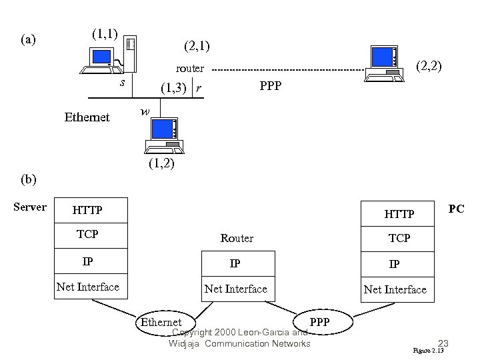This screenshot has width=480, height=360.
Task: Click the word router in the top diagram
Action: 189,68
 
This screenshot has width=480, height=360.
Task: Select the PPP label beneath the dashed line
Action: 270,86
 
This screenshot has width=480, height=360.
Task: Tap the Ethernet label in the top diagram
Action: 87,117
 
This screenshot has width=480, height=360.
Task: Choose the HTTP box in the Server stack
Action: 87,210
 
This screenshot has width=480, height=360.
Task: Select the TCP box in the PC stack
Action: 399,237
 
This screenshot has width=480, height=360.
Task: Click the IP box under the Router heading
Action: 235,263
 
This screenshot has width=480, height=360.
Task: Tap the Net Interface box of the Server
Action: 88,287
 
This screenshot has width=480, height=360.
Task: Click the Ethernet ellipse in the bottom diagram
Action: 160,323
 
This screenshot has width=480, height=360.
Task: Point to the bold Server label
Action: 30,207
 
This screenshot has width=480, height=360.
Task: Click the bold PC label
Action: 456,209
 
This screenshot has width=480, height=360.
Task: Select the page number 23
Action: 443,343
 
